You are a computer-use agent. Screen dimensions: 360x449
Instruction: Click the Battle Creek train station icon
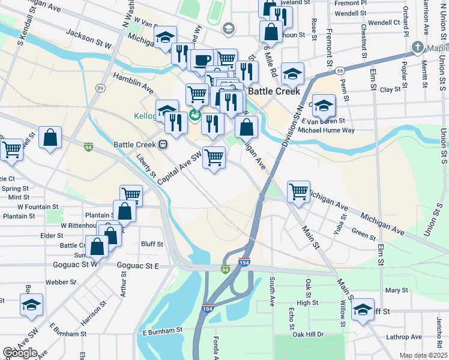163,145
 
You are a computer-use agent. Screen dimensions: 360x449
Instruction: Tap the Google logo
20,353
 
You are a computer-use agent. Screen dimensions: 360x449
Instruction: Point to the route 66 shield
340,70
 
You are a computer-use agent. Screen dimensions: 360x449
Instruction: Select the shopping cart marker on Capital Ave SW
214,157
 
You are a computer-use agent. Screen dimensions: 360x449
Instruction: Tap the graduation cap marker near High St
363,309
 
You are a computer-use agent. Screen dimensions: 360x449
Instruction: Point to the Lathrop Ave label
405,338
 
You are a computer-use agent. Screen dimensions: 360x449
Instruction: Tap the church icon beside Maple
418,47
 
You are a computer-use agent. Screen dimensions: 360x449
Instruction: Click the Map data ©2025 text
423,355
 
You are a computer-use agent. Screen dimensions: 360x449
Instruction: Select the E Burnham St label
162,331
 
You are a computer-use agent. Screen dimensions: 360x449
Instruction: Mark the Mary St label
397,290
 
